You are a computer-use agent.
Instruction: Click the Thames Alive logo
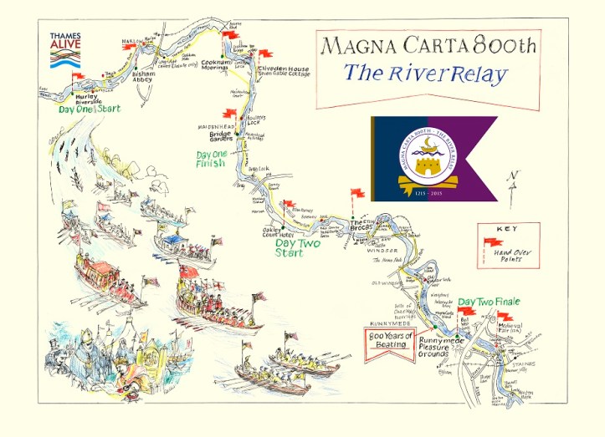tap(65, 49)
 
